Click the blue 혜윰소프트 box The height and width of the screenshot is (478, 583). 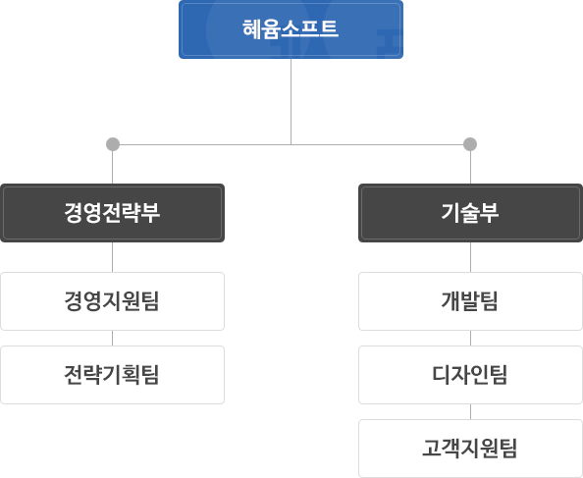click(291, 29)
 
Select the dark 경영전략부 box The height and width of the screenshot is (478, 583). click(112, 213)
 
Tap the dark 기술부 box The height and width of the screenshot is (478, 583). click(470, 213)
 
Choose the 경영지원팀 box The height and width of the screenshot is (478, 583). click(112, 301)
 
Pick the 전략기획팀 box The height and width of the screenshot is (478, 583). click(112, 375)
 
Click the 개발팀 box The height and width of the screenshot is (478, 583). click(470, 301)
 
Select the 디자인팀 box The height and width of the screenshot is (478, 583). click(470, 375)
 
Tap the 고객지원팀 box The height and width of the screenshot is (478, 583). click(470, 449)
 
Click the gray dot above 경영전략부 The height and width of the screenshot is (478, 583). click(113, 144)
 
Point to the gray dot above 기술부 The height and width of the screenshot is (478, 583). click(470, 144)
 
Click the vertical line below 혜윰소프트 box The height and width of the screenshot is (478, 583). click(291, 101)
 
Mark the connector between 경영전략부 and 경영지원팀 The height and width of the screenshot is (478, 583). click(112, 257)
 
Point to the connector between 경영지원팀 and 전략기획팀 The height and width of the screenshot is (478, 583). click(112, 339)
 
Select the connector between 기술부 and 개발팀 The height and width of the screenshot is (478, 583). click(470, 257)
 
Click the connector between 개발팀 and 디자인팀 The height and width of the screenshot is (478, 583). click(470, 339)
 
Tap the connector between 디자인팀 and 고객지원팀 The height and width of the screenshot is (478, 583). click(470, 412)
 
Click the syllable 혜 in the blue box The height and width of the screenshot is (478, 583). click(251, 28)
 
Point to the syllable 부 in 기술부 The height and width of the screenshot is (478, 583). click(489, 213)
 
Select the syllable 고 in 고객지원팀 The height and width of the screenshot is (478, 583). click(432, 448)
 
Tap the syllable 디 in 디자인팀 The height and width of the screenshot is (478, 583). click(442, 374)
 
